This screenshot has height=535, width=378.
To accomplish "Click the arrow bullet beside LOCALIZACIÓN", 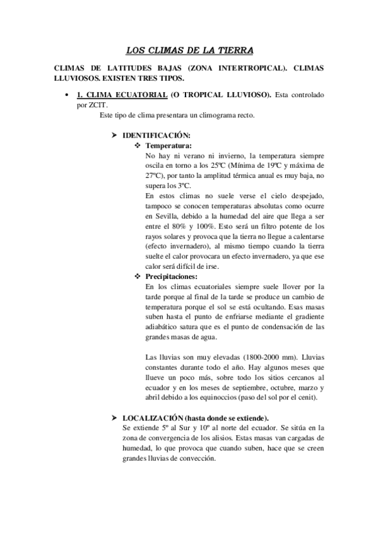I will (x=114, y=418).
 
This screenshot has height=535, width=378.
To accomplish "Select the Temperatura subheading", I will (x=168, y=144).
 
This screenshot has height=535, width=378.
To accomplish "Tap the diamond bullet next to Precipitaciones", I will (x=139, y=276).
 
